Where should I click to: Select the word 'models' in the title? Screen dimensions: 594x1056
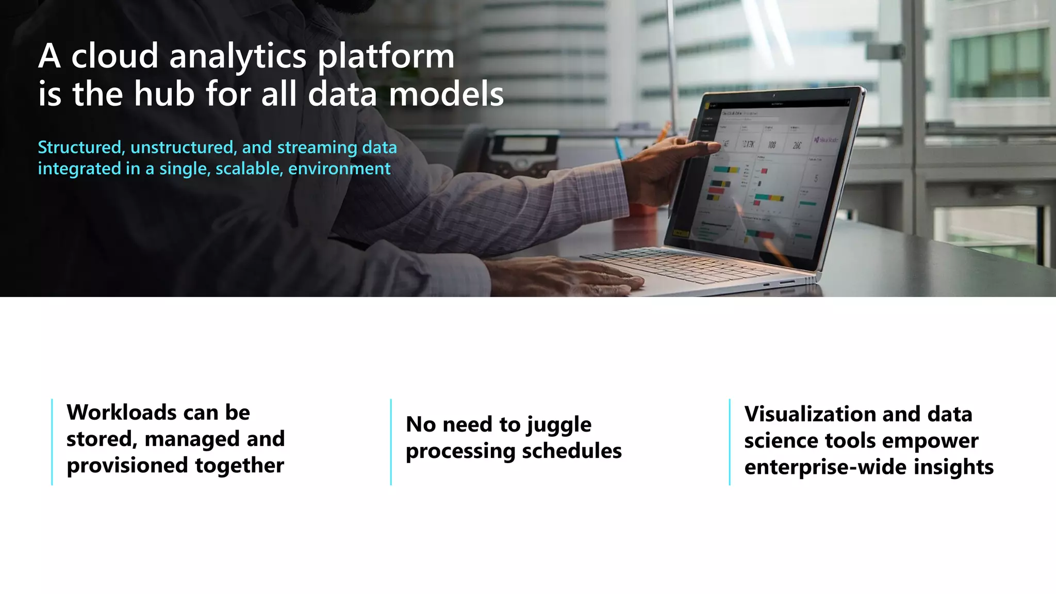(x=446, y=94)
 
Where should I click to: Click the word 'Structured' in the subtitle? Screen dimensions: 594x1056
(x=79, y=147)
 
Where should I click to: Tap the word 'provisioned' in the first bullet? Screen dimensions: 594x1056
(x=126, y=466)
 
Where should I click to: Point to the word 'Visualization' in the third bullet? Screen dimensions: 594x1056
(x=806, y=414)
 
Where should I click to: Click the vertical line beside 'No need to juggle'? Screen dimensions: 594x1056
(x=391, y=442)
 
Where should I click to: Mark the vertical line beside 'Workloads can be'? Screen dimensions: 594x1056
(x=52, y=442)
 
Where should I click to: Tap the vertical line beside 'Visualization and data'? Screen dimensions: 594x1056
(x=730, y=442)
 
